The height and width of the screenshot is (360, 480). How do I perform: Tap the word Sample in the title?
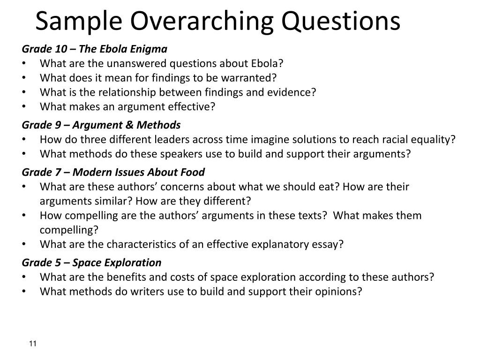pyautogui.click(x=78, y=22)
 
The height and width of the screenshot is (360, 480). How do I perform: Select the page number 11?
pyautogui.click(x=33, y=344)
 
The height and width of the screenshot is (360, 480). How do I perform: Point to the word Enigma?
pyautogui.click(x=150, y=49)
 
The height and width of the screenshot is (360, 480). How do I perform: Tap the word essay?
pyautogui.click(x=329, y=245)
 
